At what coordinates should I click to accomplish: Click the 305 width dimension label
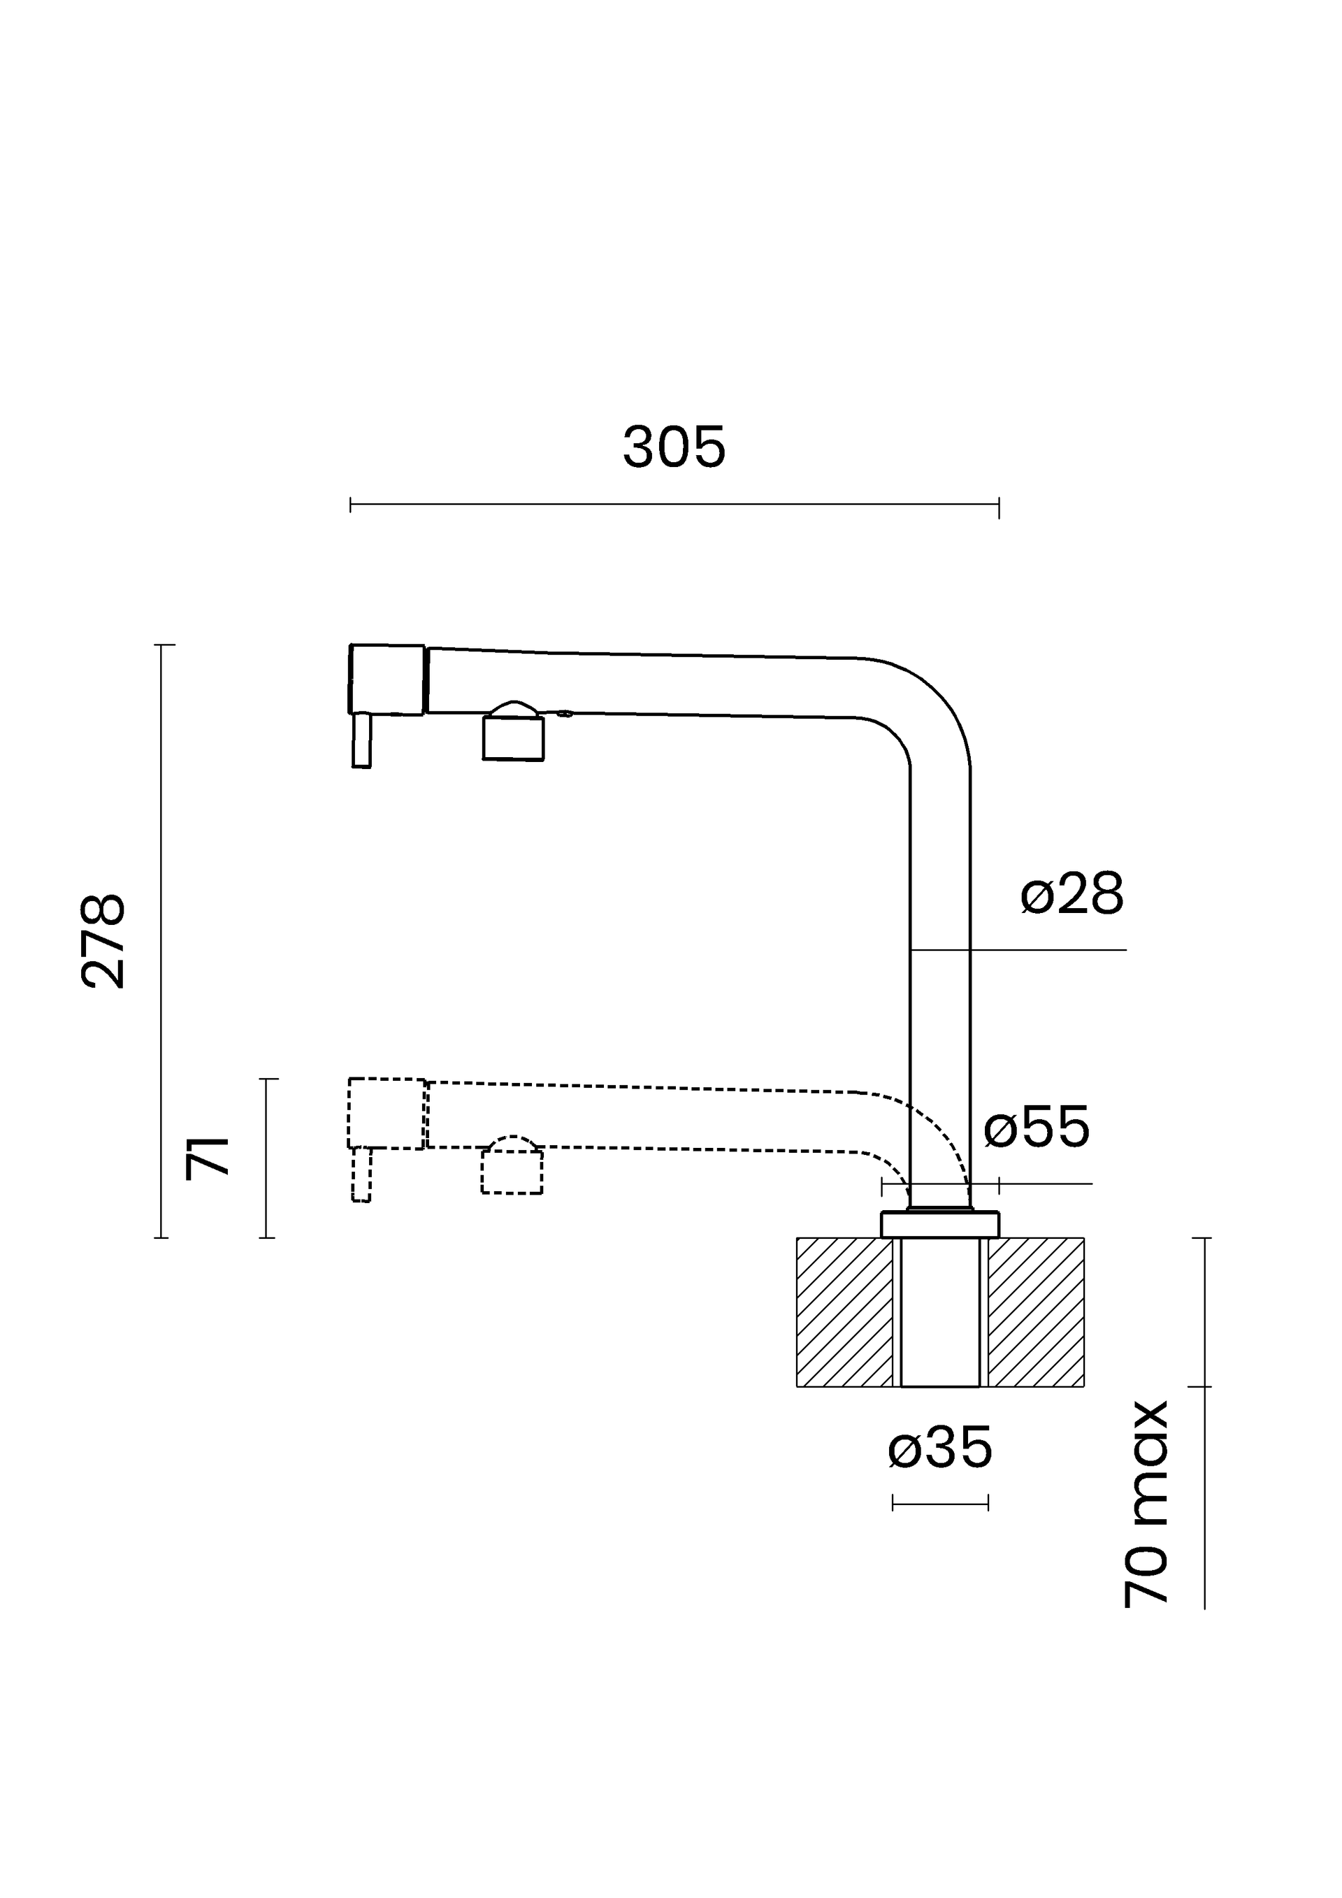674,447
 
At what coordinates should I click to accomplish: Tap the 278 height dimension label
103,941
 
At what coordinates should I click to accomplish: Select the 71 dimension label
207,1158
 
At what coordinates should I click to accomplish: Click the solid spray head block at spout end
387,680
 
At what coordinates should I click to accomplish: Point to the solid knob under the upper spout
513,733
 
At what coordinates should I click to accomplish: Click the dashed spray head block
387,1114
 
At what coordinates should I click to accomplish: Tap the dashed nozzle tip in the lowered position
361,1174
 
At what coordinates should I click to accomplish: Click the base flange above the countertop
940,1224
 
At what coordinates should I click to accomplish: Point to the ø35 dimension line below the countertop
940,1503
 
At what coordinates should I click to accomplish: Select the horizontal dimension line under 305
674,504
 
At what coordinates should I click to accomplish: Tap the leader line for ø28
1018,950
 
